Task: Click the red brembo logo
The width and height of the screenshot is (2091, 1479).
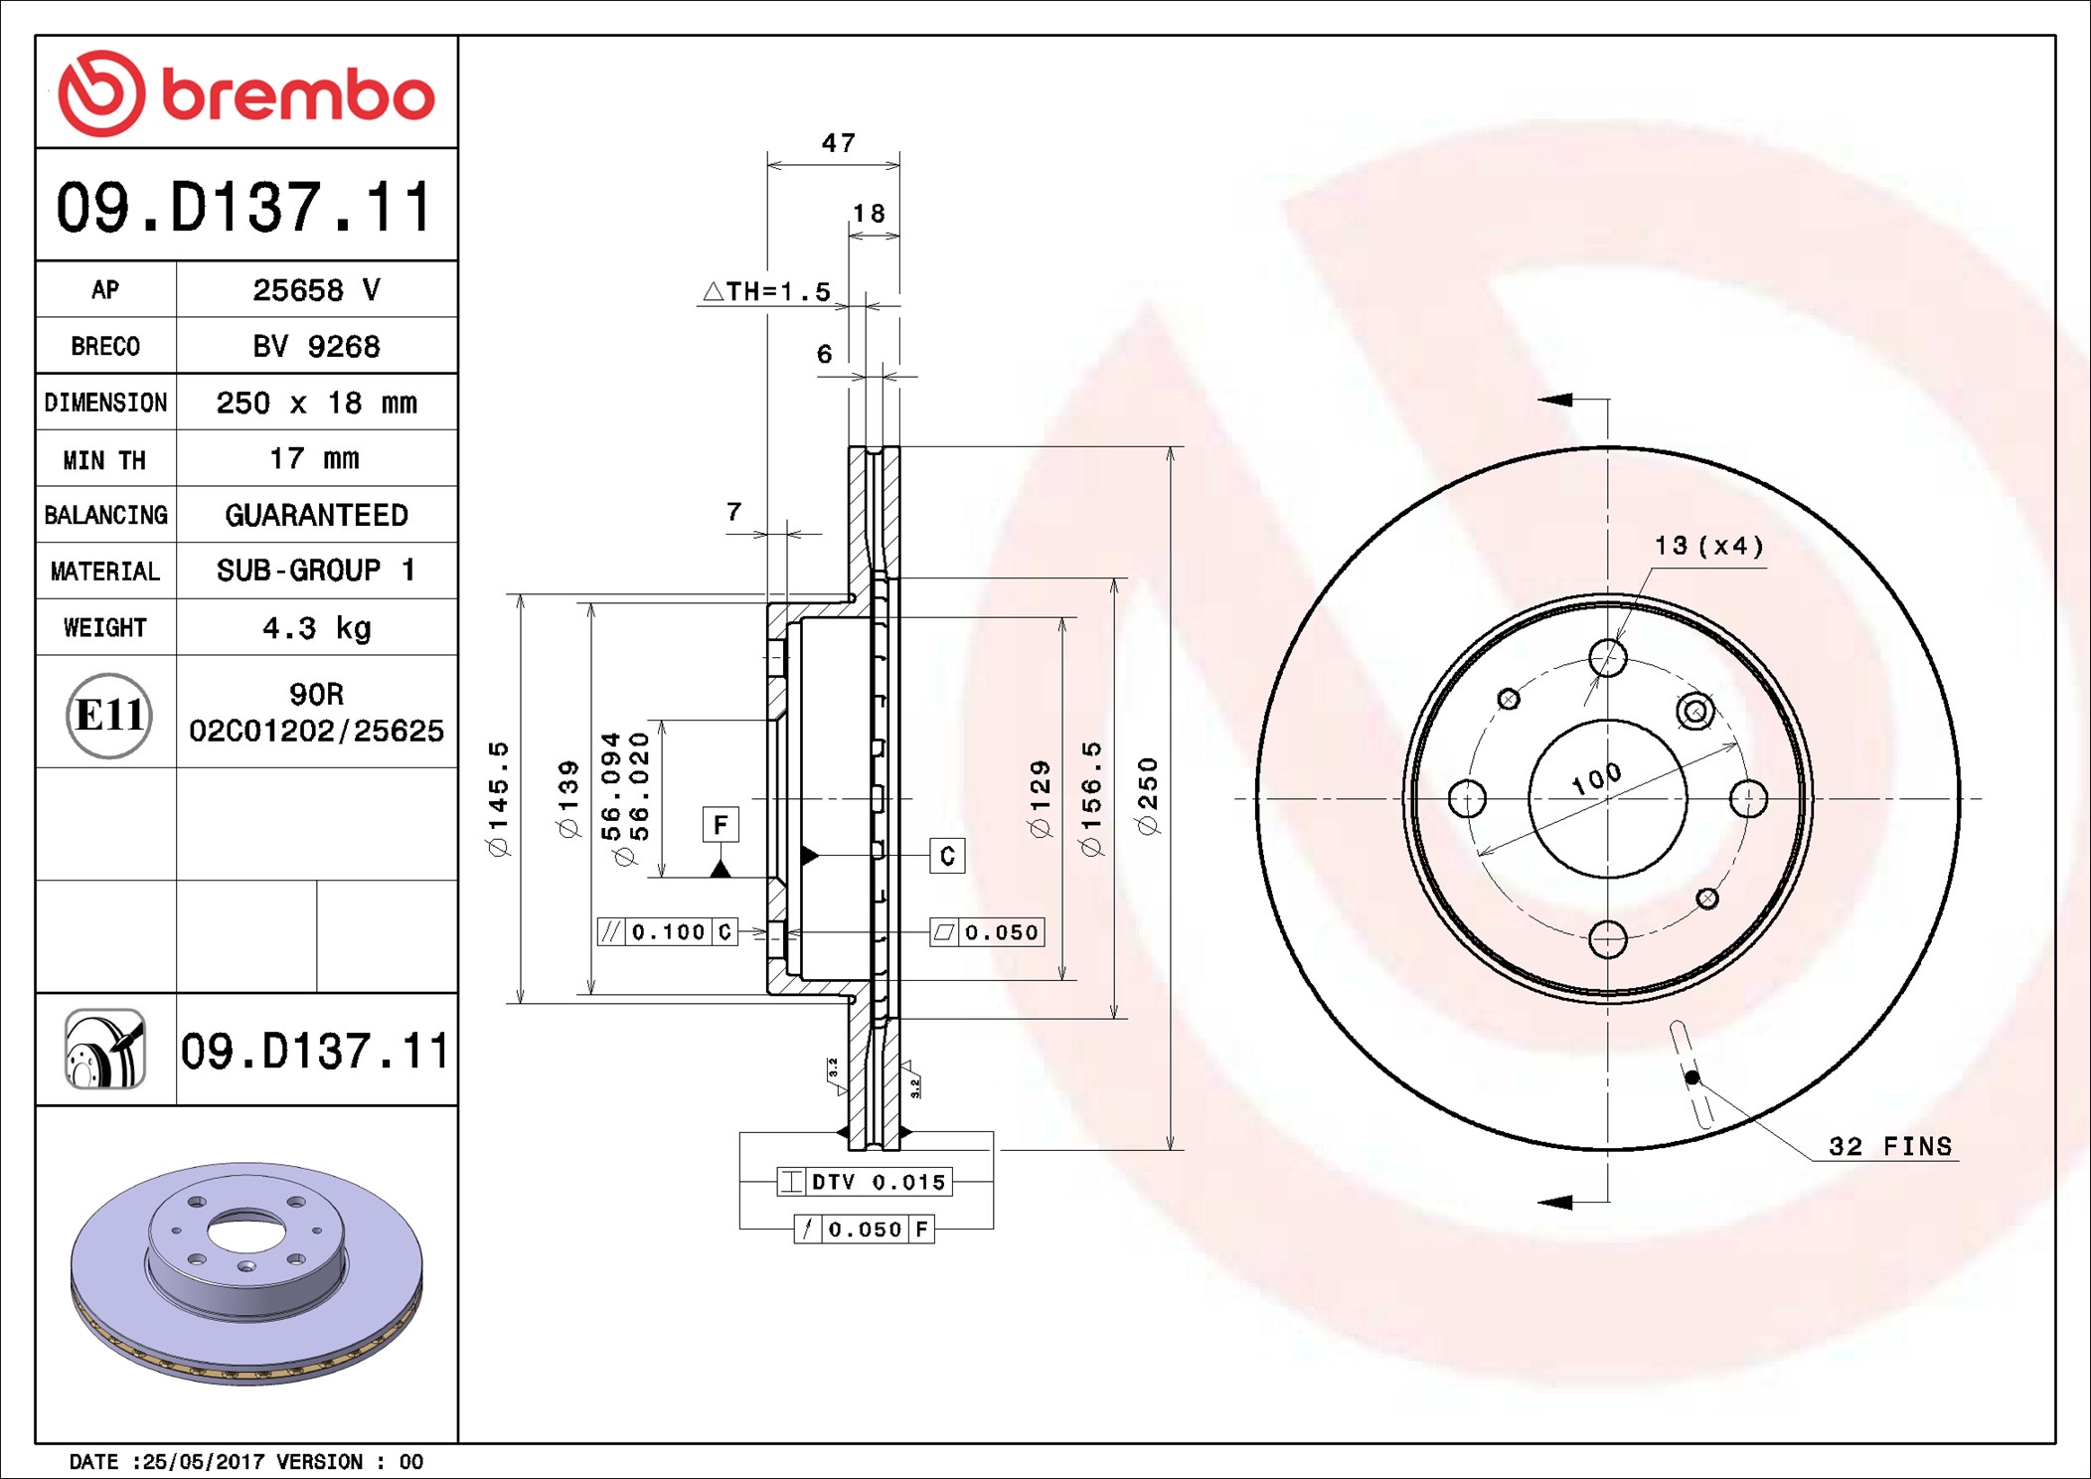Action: tap(246, 92)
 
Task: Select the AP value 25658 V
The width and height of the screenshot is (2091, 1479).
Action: tap(316, 290)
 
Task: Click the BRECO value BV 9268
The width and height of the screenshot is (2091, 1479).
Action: tap(316, 346)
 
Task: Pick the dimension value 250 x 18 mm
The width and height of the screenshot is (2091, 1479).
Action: tap(316, 403)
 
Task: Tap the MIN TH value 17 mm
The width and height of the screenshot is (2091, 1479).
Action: tap(314, 458)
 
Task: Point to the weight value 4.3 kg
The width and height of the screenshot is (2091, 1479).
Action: tap(316, 628)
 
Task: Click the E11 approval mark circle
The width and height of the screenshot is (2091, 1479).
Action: tap(108, 715)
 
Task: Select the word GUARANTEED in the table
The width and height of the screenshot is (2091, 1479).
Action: tap(316, 515)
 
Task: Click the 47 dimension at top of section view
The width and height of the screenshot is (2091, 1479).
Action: tap(838, 143)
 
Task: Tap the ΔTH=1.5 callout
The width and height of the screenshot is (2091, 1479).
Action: tap(766, 291)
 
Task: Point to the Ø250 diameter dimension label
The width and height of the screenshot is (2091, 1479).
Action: tap(1148, 796)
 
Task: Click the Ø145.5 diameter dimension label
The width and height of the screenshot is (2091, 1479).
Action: tap(498, 798)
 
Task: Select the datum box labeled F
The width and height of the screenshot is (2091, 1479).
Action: tap(721, 824)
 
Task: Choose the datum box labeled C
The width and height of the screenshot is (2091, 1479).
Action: tap(947, 856)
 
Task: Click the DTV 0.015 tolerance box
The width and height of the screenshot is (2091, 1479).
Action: tap(865, 1182)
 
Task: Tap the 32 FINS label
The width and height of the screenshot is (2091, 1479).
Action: tap(1890, 1146)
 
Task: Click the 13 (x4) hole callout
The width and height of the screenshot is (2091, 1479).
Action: tap(1708, 546)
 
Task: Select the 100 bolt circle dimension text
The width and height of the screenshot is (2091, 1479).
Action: tap(1596, 778)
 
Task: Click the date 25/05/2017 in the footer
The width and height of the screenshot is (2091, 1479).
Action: tap(204, 1461)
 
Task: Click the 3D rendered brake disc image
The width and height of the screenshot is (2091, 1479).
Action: tap(246, 1273)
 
